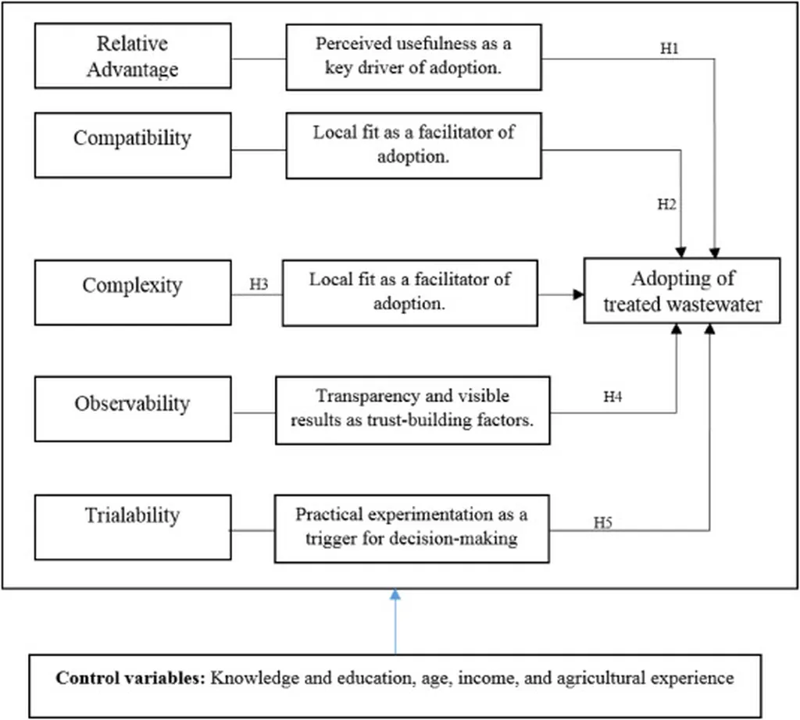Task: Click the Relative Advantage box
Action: pos(133,56)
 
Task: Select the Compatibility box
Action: pos(133,144)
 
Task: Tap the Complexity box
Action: pos(133,292)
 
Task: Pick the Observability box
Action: pos(133,408)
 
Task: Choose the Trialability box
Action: pos(133,526)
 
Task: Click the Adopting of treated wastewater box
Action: pos(682,290)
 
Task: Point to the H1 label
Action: pos(670,48)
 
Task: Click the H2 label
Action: pos(666,205)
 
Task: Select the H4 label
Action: pos(612,397)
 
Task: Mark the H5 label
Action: pos(602,522)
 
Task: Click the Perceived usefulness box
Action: pos(413,56)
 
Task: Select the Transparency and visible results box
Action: pos(412,410)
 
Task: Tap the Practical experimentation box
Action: pos(412,528)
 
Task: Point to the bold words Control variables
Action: pos(128,678)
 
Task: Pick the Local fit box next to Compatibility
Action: pos(413,144)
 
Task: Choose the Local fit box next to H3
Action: pos(409,292)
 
